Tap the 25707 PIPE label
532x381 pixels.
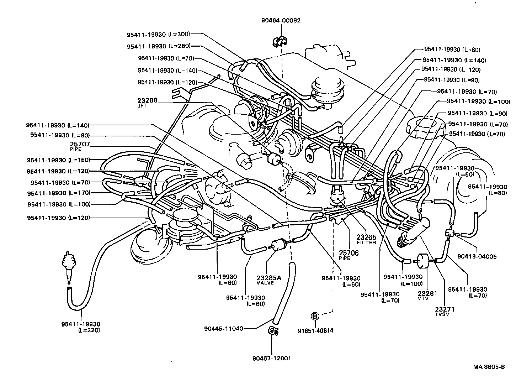(x=80, y=146)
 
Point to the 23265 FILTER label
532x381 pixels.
(x=366, y=239)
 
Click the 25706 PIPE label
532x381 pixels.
(x=349, y=255)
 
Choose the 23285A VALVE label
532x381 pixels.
(x=269, y=280)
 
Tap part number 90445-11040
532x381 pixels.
(x=224, y=328)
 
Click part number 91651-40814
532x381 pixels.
(x=315, y=330)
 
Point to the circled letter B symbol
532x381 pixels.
(x=315, y=315)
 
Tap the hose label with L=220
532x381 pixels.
(x=81, y=327)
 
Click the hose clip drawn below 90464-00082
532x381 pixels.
(x=280, y=42)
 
